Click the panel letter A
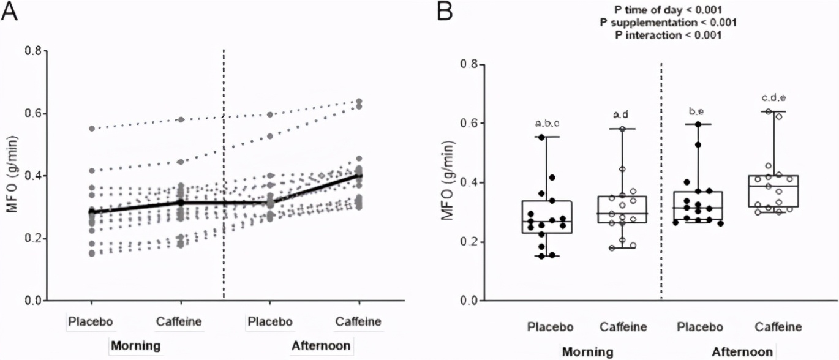10,10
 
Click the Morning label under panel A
135,346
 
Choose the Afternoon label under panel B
742,352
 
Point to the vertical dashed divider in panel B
662,184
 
